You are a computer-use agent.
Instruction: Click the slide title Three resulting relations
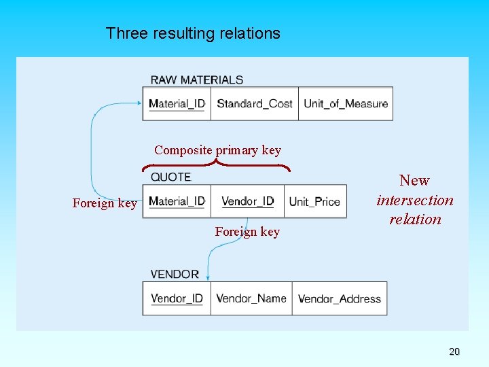(193, 33)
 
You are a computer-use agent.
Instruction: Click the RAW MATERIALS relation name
(196, 80)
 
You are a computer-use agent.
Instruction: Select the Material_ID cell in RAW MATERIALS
(177, 104)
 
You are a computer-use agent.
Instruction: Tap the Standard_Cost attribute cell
(254, 104)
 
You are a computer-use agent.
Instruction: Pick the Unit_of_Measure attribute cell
(345, 104)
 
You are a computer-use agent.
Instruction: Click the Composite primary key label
(217, 150)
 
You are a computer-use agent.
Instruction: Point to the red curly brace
(216, 164)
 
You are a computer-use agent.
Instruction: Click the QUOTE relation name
(170, 177)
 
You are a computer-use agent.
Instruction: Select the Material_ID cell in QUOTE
(177, 201)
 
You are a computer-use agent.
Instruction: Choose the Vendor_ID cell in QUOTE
(247, 201)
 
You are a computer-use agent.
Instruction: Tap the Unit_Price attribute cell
(314, 201)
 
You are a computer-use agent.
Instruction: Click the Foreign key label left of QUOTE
(105, 203)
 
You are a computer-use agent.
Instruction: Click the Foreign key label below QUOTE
(247, 232)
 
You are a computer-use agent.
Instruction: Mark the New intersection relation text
(414, 200)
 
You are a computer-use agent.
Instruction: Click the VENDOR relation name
(175, 274)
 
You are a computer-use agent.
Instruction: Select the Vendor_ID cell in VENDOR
(177, 298)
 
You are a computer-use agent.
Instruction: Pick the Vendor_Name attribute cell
(251, 298)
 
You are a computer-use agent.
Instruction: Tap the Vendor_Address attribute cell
(339, 298)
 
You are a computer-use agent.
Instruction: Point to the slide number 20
(454, 351)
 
